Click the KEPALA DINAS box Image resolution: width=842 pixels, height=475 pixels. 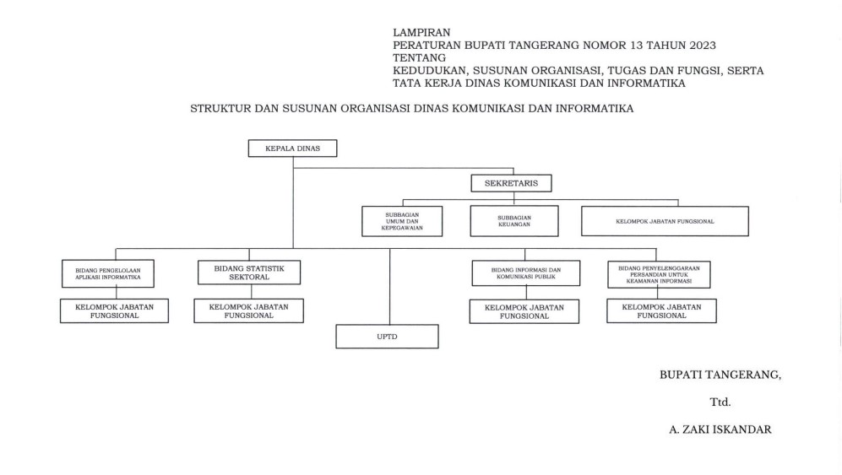click(x=293, y=148)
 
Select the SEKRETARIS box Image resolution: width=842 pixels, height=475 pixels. click(x=511, y=183)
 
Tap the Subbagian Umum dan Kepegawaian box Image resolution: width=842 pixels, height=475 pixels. click(x=402, y=221)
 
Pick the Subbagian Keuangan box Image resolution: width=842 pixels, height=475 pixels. click(x=514, y=221)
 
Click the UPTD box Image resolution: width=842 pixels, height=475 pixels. click(x=387, y=337)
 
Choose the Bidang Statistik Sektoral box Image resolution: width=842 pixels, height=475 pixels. click(x=249, y=273)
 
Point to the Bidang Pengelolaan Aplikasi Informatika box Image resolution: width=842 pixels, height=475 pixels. click(x=108, y=273)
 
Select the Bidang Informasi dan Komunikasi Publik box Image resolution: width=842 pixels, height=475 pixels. click(x=526, y=273)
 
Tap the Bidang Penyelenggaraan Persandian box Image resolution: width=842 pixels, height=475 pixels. click(x=659, y=275)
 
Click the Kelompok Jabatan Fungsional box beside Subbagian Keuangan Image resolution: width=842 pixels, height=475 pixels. click(x=665, y=221)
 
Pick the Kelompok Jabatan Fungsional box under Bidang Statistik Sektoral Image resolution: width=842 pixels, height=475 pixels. click(x=248, y=310)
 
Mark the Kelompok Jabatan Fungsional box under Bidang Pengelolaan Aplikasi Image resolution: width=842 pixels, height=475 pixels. click(x=114, y=310)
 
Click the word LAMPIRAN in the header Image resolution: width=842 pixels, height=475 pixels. click(x=421, y=32)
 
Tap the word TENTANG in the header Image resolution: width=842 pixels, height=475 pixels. click(x=420, y=58)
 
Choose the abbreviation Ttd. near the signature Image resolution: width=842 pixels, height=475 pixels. click(x=720, y=402)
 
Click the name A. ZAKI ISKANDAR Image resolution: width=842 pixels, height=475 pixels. click(x=720, y=429)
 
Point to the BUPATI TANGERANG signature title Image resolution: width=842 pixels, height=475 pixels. click(x=720, y=375)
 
